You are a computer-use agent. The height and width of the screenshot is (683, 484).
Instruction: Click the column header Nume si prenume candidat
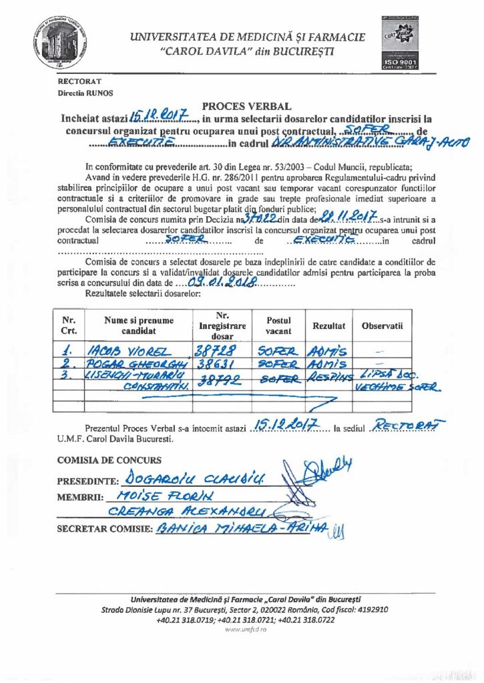click(138, 325)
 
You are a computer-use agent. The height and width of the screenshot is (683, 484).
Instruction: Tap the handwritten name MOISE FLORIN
click(154, 496)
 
